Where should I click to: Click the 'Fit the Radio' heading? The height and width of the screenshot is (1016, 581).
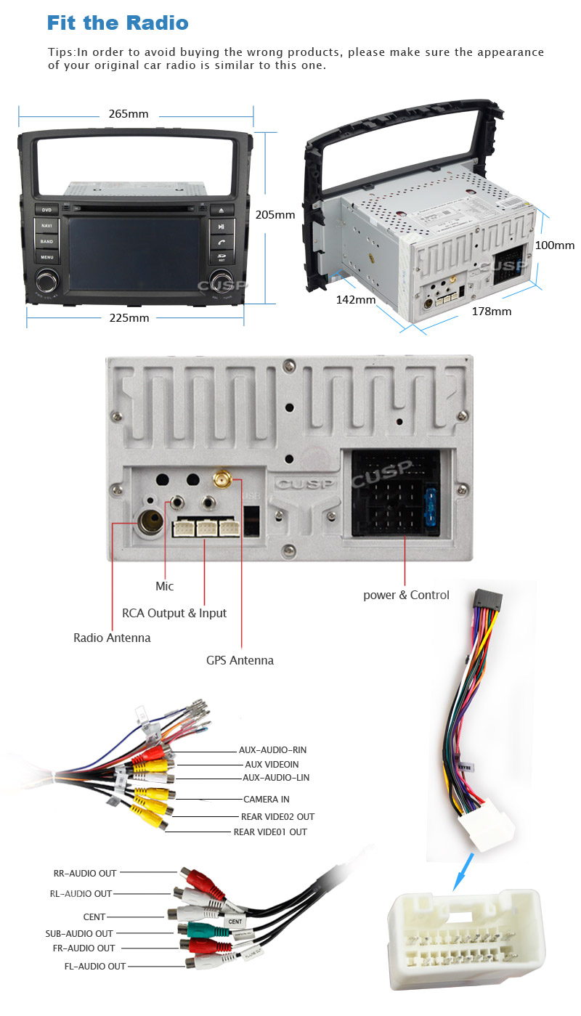(x=118, y=23)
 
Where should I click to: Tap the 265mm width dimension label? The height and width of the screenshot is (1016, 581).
(x=129, y=114)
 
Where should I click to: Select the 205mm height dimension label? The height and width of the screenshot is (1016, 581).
(x=275, y=214)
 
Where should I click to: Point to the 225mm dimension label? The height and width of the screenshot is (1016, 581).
(x=129, y=317)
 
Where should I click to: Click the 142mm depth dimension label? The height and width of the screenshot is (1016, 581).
(x=356, y=299)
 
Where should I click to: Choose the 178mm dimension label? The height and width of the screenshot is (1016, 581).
(x=492, y=311)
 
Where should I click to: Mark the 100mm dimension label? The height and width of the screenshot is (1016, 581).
(x=554, y=245)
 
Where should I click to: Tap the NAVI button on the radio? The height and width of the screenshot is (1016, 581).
(x=47, y=225)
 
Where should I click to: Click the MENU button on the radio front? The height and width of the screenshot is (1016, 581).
(x=47, y=256)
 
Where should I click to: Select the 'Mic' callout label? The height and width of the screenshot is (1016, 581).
(x=165, y=586)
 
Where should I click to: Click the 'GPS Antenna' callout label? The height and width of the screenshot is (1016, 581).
(x=240, y=660)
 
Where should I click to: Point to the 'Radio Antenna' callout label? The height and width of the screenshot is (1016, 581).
(x=112, y=638)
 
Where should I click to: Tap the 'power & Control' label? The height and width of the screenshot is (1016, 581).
(x=406, y=595)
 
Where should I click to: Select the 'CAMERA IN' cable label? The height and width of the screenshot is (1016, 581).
(x=266, y=799)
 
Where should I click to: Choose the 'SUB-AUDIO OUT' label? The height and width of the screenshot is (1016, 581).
(x=79, y=933)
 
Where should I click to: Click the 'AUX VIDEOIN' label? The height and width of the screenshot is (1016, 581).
(x=272, y=764)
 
